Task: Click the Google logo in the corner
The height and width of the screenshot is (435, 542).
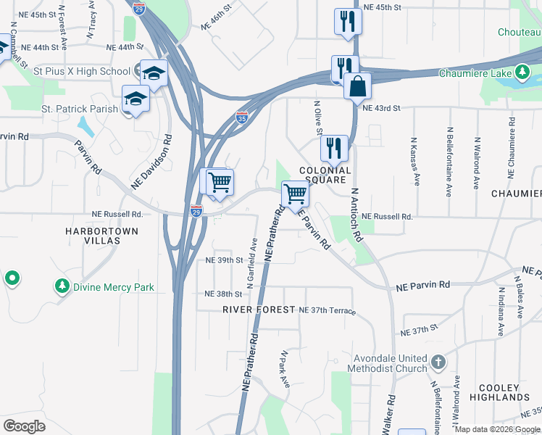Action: pyautogui.click(x=25, y=426)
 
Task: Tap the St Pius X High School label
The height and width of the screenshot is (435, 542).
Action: pyautogui.click(x=81, y=71)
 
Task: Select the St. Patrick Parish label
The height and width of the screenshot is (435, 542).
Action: pyautogui.click(x=74, y=109)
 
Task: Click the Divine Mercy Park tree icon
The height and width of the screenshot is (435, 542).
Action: pyautogui.click(x=62, y=286)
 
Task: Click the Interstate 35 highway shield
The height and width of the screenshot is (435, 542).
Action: pyautogui.click(x=243, y=117)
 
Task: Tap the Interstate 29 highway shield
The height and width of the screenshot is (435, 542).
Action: pyautogui.click(x=196, y=211)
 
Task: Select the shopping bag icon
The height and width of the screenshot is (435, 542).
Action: pyautogui.click(x=357, y=86)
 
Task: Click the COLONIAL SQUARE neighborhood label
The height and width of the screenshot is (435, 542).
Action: pyautogui.click(x=325, y=175)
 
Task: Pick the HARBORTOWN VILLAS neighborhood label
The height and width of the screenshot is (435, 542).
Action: pyautogui.click(x=101, y=235)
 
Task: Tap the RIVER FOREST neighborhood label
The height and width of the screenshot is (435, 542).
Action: pyautogui.click(x=259, y=310)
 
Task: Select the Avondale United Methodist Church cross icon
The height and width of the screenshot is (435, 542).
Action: pyautogui.click(x=438, y=361)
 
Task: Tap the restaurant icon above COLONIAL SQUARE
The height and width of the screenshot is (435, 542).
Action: pyautogui.click(x=334, y=149)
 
